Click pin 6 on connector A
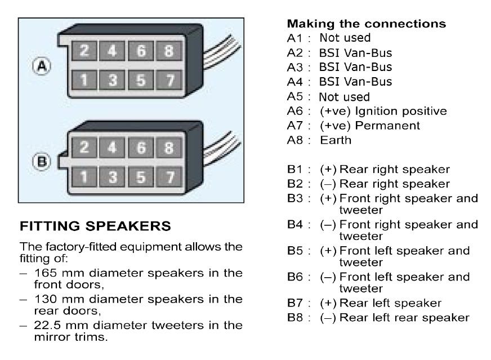coord(141,51)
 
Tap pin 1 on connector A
coord(84,80)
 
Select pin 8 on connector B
coord(169,148)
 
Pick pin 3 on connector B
coord(112,177)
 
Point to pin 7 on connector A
coord(169,80)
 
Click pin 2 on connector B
coord(84,148)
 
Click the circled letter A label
coord(42,66)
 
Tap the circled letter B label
coord(42,162)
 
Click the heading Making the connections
coord(367,24)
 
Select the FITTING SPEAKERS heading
coord(95,226)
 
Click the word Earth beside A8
coord(336,140)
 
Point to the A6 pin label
coord(295,111)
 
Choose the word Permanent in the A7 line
coord(387,126)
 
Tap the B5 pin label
coord(295,251)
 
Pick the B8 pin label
coord(295,317)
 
